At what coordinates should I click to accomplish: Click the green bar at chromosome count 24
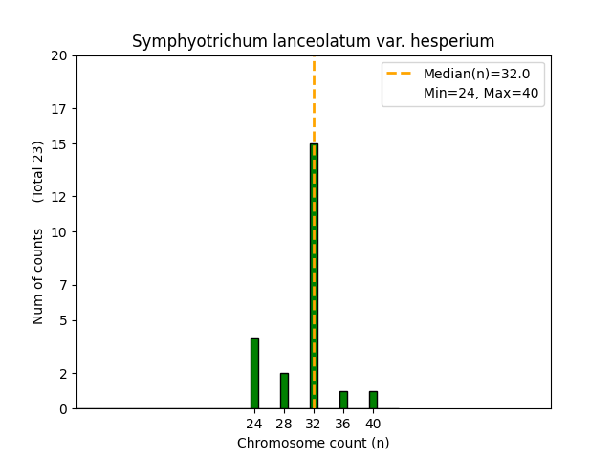[254, 373]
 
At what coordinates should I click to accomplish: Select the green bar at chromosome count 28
[284, 390]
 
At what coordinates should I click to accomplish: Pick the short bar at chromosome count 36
[343, 400]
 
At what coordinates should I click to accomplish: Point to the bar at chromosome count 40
[373, 400]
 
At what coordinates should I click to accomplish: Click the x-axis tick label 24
[254, 424]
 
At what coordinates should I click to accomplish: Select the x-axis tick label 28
[284, 424]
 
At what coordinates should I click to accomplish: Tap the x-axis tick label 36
[343, 424]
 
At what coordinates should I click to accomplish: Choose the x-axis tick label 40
[373, 424]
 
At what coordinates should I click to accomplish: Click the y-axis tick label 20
[59, 55]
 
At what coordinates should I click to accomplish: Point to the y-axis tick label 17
[59, 108]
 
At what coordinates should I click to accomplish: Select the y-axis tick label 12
[59, 197]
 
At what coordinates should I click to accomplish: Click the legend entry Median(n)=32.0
[476, 74]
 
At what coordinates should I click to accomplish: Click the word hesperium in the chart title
[455, 41]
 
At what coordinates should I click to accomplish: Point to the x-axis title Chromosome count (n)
[314, 443]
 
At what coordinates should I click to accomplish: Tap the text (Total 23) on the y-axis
[38, 171]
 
